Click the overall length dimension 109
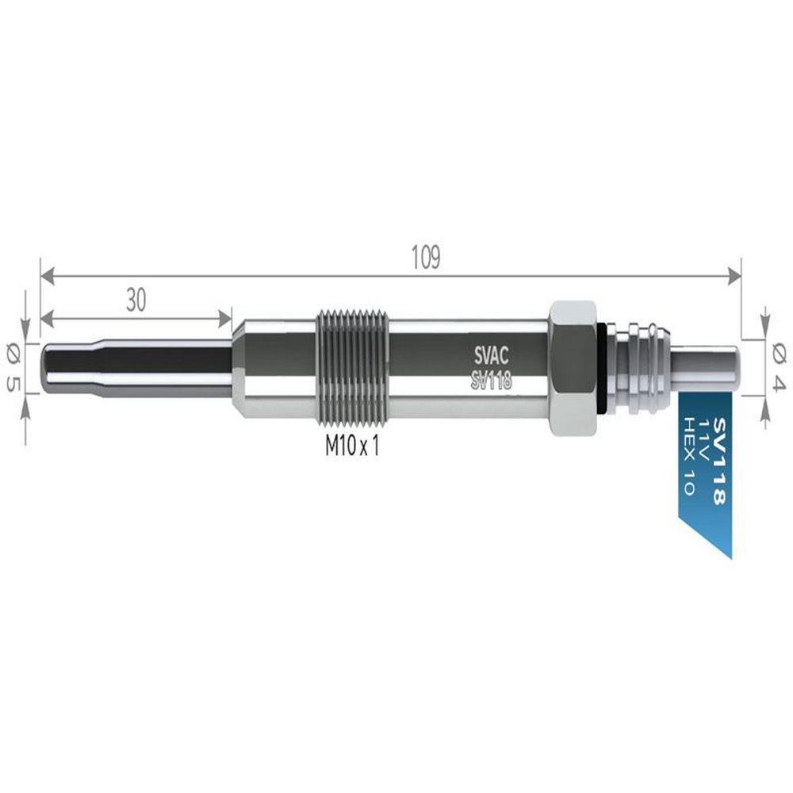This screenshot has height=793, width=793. (x=426, y=258)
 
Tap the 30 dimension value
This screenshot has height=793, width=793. (x=136, y=300)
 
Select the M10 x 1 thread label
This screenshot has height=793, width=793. (x=352, y=446)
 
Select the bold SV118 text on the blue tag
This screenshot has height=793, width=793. (x=718, y=461)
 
